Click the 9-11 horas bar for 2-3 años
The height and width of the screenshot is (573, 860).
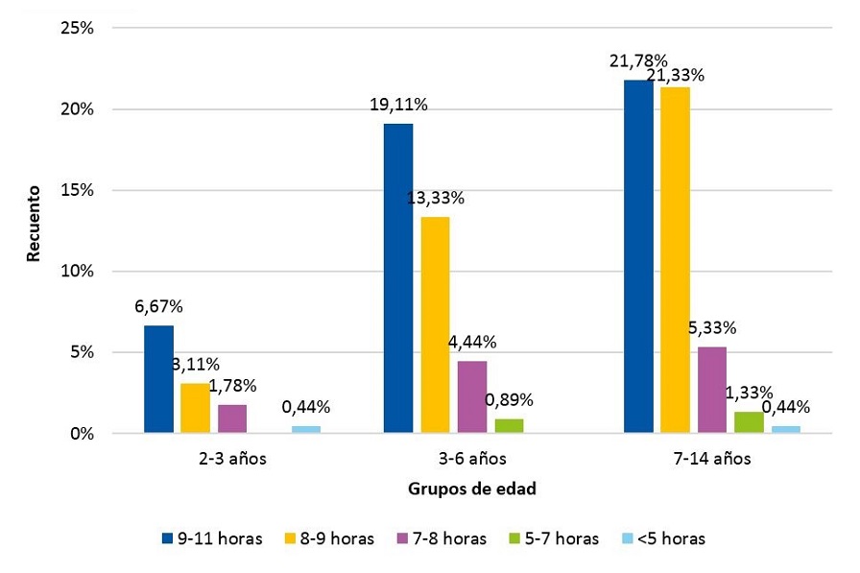coord(158,379)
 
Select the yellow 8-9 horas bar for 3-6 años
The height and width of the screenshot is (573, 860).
coord(435,324)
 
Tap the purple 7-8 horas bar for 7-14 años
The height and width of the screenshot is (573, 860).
coord(711,390)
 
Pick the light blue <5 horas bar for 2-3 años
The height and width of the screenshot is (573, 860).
coord(305,429)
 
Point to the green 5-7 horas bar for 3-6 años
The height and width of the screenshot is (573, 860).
coord(509,426)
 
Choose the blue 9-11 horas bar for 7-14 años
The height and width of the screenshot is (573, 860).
coord(638,256)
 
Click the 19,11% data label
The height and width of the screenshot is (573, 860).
coord(398,105)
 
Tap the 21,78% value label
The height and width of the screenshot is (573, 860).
coord(638,61)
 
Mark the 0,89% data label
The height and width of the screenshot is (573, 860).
coord(509,400)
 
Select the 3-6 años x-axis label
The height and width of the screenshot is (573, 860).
coord(471,458)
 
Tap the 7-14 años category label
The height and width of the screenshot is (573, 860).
coord(711,458)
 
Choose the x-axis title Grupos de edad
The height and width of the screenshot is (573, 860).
coord(471,489)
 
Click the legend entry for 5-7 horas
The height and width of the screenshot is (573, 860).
coord(558,538)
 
